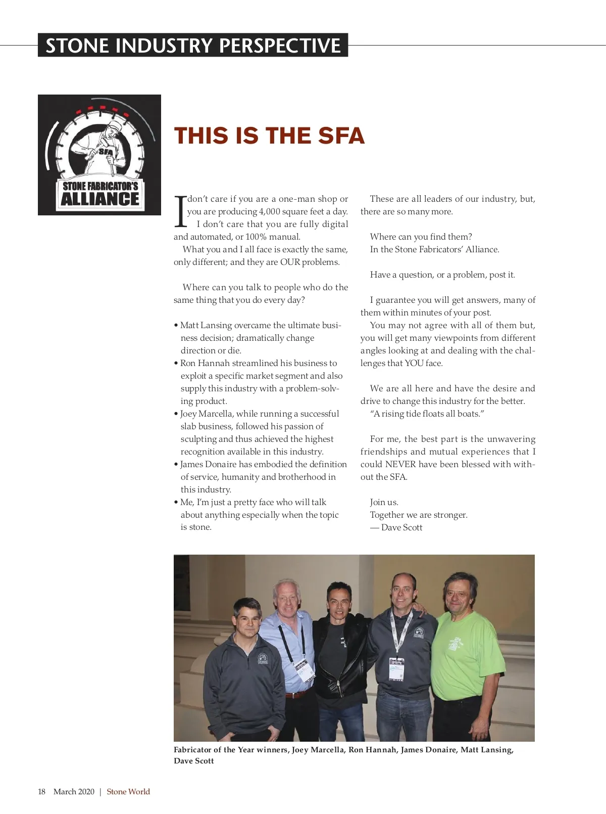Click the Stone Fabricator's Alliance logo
[x=99, y=155]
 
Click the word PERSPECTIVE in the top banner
[x=280, y=46]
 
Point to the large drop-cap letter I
[x=180, y=211]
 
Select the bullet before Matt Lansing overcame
[x=176, y=326]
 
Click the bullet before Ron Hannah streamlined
[x=176, y=364]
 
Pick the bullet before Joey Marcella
[x=176, y=414]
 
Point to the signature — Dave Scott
[x=396, y=527]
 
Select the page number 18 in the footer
[x=41, y=792]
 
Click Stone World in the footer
[x=128, y=792]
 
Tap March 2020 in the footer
[x=74, y=792]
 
